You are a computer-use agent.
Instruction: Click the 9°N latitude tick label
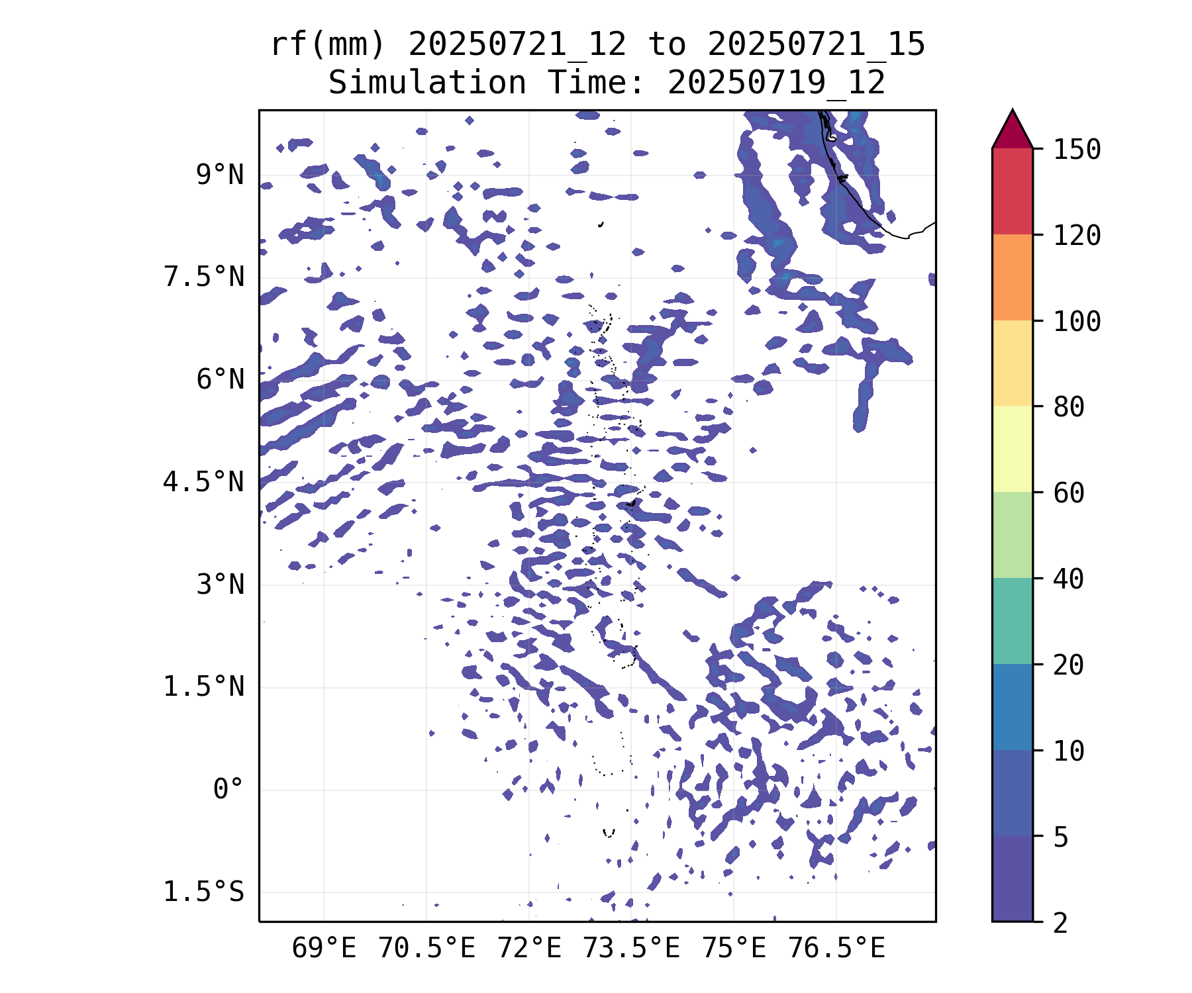click(x=220, y=175)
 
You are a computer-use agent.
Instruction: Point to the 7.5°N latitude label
click(x=204, y=277)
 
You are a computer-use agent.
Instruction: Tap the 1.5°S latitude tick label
click(x=204, y=892)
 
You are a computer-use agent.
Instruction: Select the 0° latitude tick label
click(x=228, y=790)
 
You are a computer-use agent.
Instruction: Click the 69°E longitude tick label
click(x=324, y=949)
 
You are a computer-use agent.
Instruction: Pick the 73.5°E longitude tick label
click(x=631, y=949)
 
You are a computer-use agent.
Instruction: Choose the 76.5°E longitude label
click(x=836, y=949)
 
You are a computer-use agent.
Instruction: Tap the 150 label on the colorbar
click(x=1077, y=150)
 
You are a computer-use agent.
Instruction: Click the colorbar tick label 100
click(x=1077, y=322)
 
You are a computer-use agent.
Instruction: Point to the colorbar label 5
click(x=1061, y=837)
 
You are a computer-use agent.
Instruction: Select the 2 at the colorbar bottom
click(x=1061, y=923)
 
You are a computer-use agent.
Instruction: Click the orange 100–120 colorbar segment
click(x=1013, y=277)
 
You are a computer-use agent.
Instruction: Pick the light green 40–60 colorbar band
click(x=1013, y=535)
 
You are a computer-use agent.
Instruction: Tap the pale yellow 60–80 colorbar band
click(x=1013, y=449)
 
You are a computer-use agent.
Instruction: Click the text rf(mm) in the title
click(x=328, y=45)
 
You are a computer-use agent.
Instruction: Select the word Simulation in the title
click(x=427, y=83)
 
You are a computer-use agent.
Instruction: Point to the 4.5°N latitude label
click(x=204, y=482)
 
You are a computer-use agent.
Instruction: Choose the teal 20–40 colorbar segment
click(x=1013, y=621)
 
